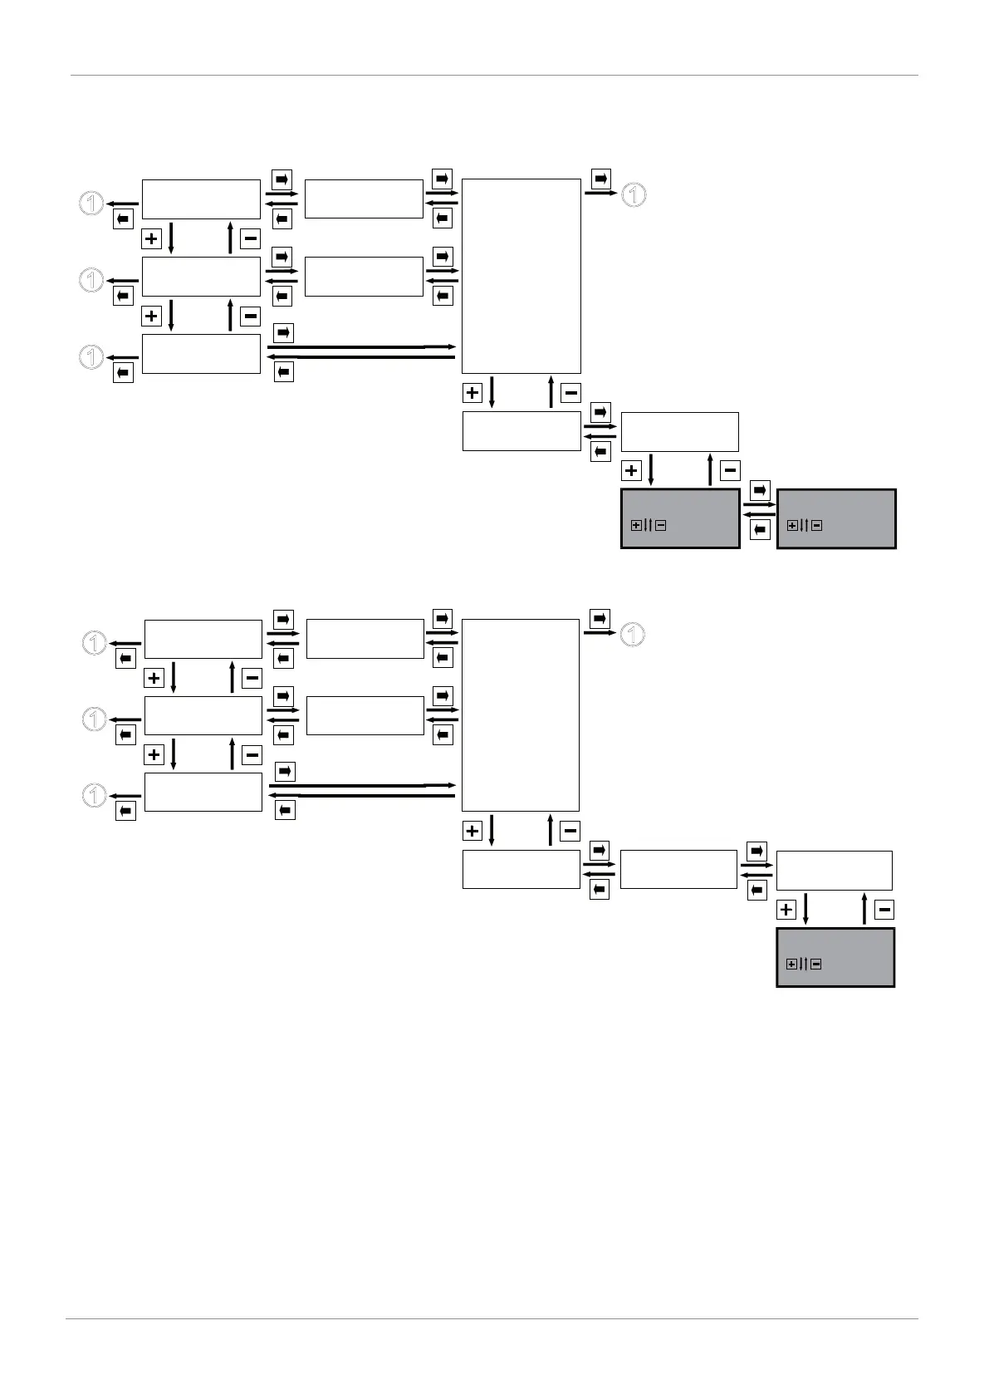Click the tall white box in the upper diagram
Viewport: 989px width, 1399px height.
pos(521,276)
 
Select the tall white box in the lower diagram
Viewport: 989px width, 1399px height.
pos(520,714)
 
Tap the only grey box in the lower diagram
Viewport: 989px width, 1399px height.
pos(835,957)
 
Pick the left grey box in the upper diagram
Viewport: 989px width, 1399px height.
pos(680,518)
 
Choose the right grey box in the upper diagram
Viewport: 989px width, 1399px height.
pos(836,518)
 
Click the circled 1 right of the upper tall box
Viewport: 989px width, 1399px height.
pos(634,195)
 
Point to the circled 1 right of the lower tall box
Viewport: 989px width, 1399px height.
pos(633,635)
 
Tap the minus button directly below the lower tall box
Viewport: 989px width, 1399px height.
pos(570,830)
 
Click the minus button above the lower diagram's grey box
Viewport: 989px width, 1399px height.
pos(884,910)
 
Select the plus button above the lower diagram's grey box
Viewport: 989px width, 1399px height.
pos(786,910)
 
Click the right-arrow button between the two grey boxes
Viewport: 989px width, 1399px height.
pos(760,490)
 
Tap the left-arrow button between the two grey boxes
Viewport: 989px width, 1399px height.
pos(760,530)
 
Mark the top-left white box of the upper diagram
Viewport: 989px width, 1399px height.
pos(201,199)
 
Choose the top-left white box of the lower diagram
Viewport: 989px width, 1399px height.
pos(203,639)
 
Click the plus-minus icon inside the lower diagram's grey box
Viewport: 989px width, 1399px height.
pos(804,965)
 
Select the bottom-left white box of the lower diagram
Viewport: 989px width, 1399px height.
pos(203,792)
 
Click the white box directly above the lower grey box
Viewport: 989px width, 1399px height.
pos(834,870)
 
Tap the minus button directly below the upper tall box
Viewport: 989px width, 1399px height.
pos(570,393)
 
